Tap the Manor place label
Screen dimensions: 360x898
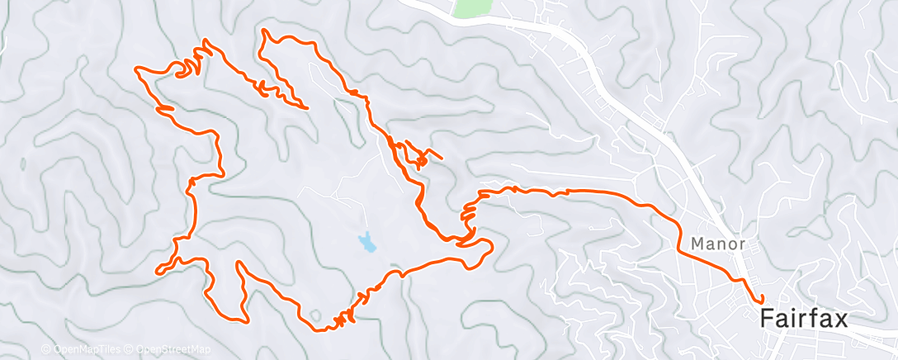717,244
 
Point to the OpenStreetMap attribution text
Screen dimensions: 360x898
169,350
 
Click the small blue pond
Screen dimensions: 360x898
366,243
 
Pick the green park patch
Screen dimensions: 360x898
470,7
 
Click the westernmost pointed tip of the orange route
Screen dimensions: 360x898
136,70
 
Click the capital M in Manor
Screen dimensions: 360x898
697,244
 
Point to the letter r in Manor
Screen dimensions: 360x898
742,244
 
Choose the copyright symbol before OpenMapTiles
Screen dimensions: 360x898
45,350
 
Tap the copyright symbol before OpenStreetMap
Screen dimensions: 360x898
130,350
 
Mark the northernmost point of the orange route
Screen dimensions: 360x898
264,31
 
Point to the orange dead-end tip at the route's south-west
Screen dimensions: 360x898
158,270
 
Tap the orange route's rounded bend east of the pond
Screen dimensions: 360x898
489,245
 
